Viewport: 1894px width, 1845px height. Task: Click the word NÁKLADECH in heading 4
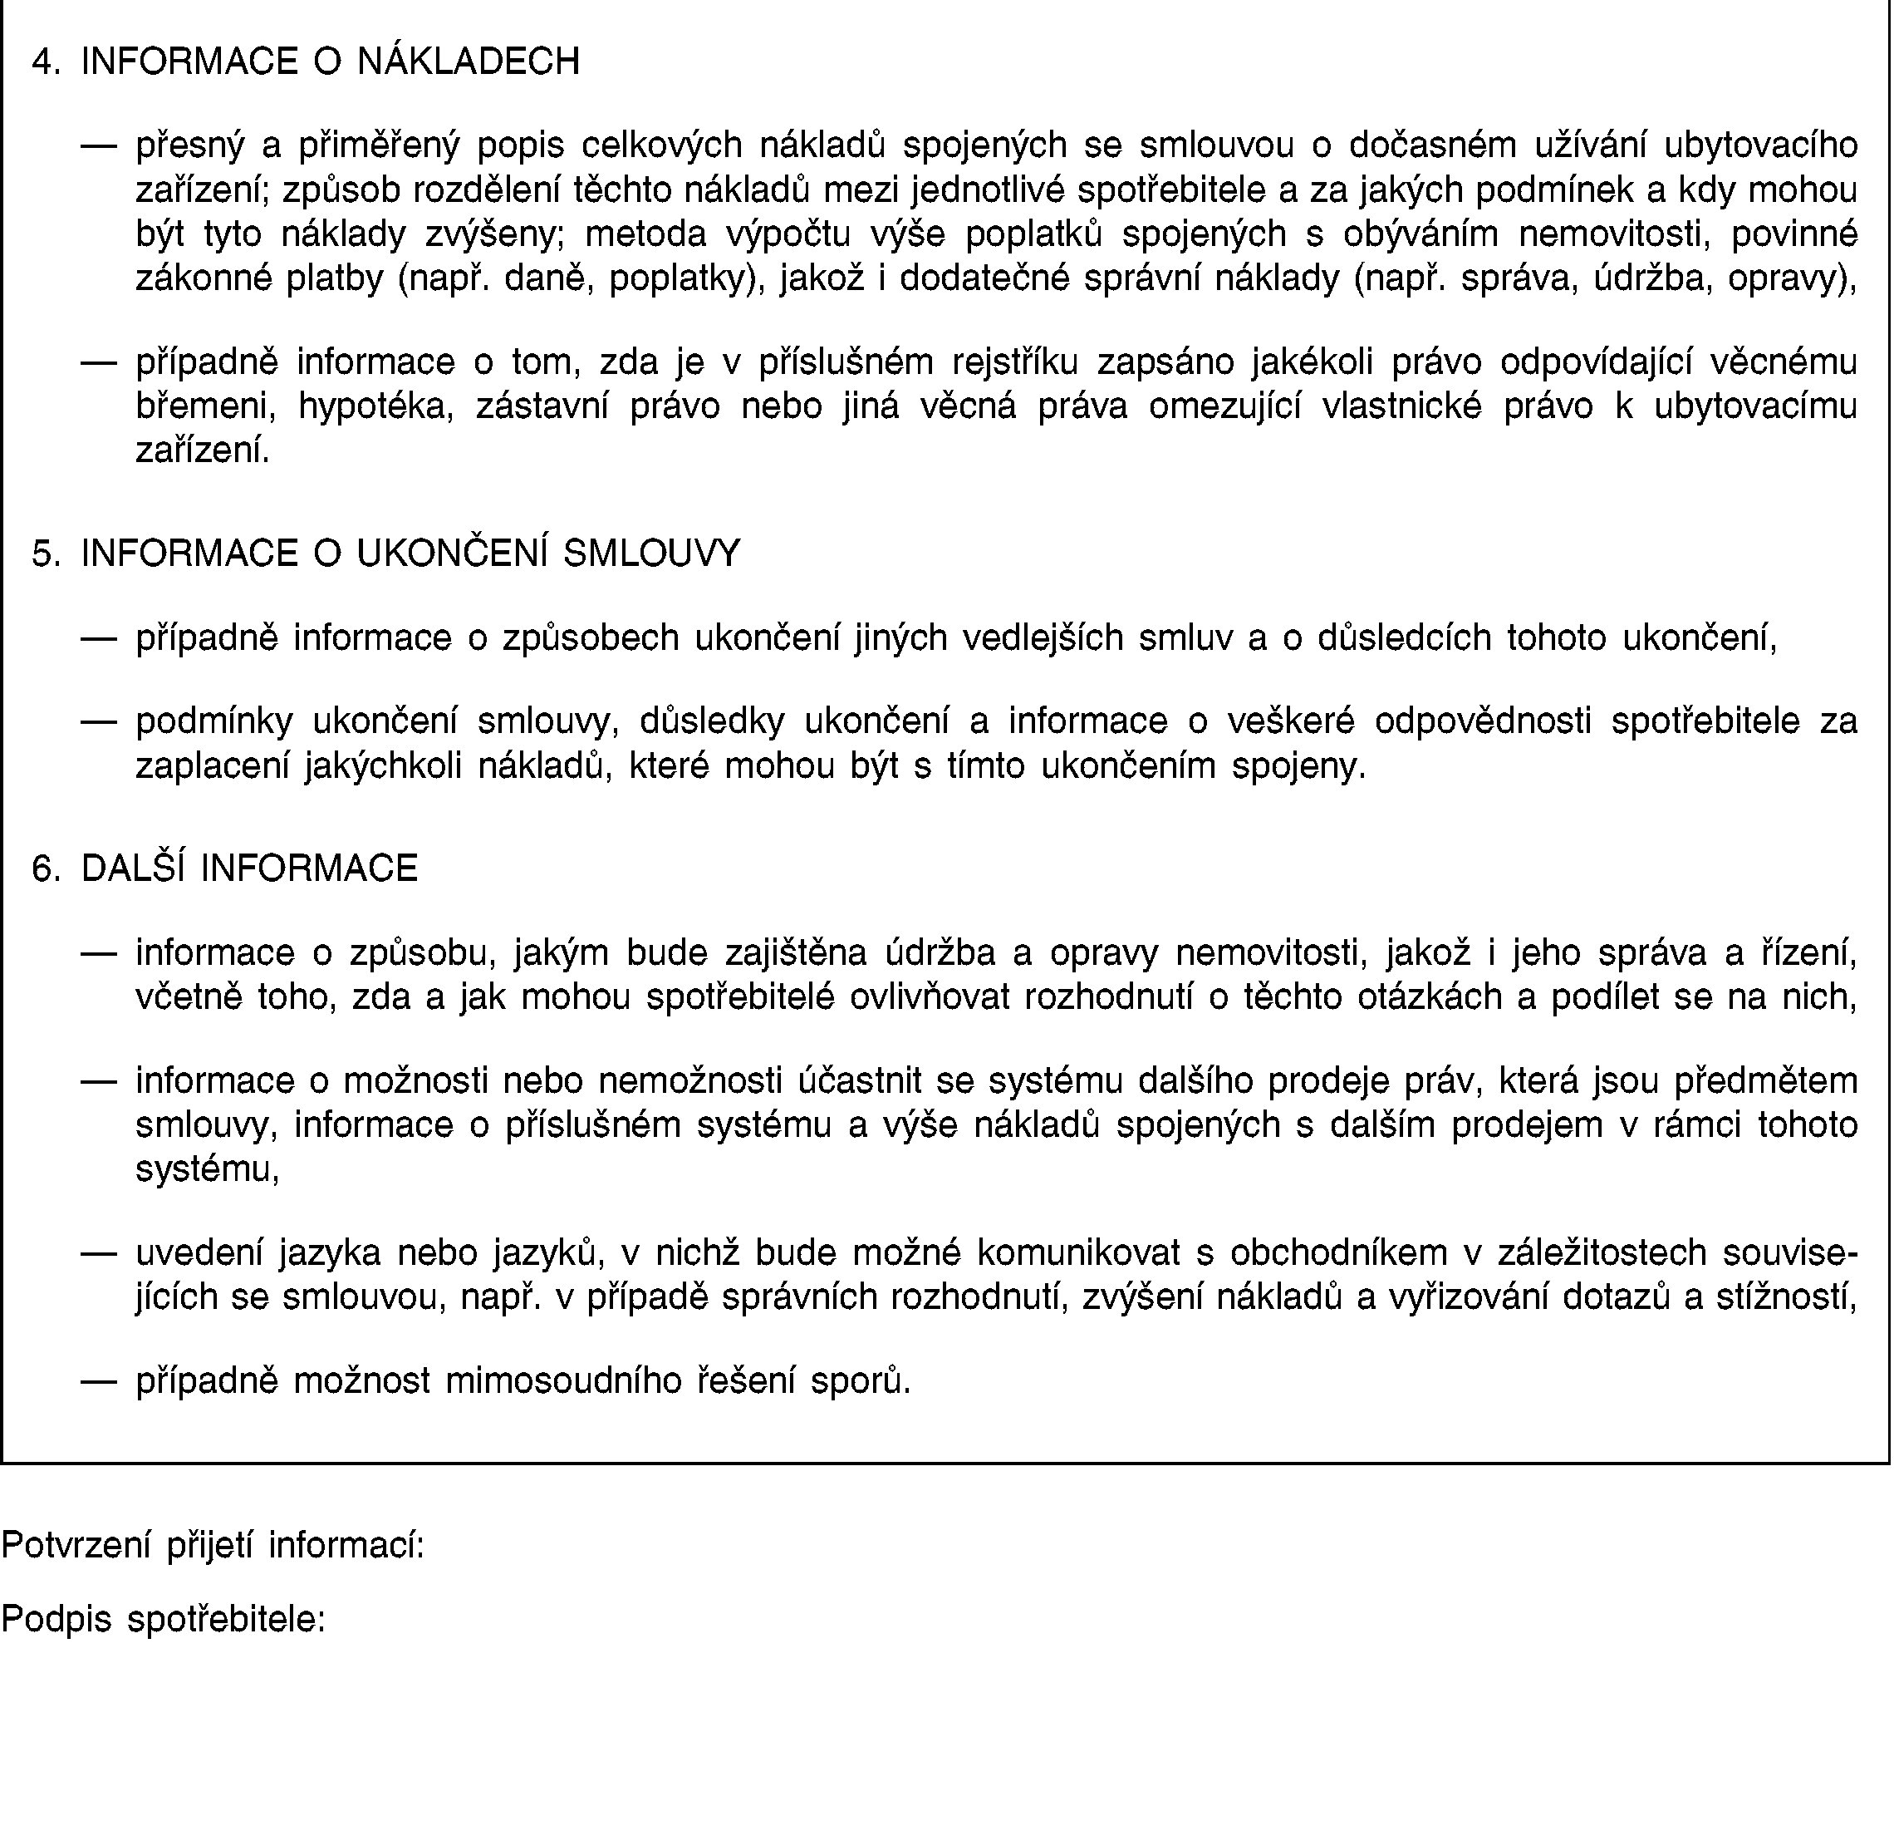click(468, 62)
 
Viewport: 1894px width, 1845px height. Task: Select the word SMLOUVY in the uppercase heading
click(651, 554)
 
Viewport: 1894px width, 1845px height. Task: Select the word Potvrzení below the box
click(76, 1545)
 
